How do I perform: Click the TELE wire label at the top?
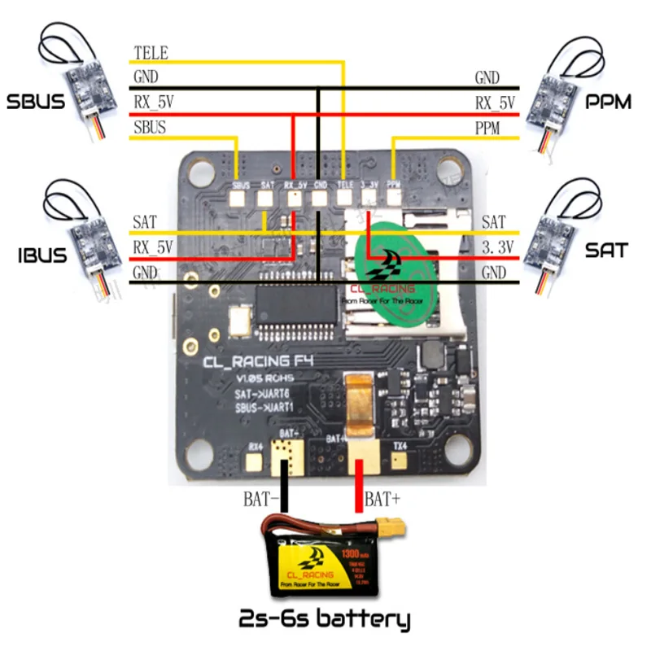151,54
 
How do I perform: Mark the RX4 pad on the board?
255,461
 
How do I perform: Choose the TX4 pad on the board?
398,461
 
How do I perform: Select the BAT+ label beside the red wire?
382,497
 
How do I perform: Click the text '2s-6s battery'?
324,619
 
